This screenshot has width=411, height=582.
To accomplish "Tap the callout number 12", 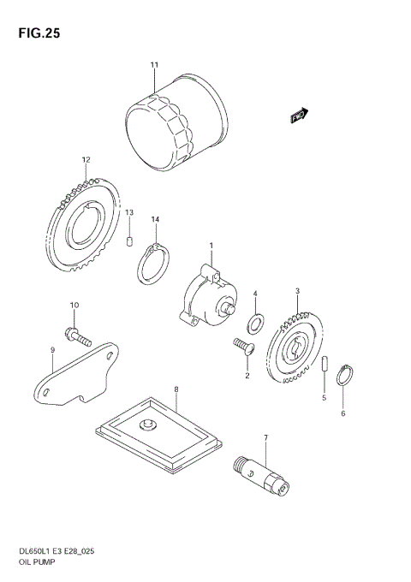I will (86, 159).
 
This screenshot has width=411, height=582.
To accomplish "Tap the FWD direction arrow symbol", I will (299, 113).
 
